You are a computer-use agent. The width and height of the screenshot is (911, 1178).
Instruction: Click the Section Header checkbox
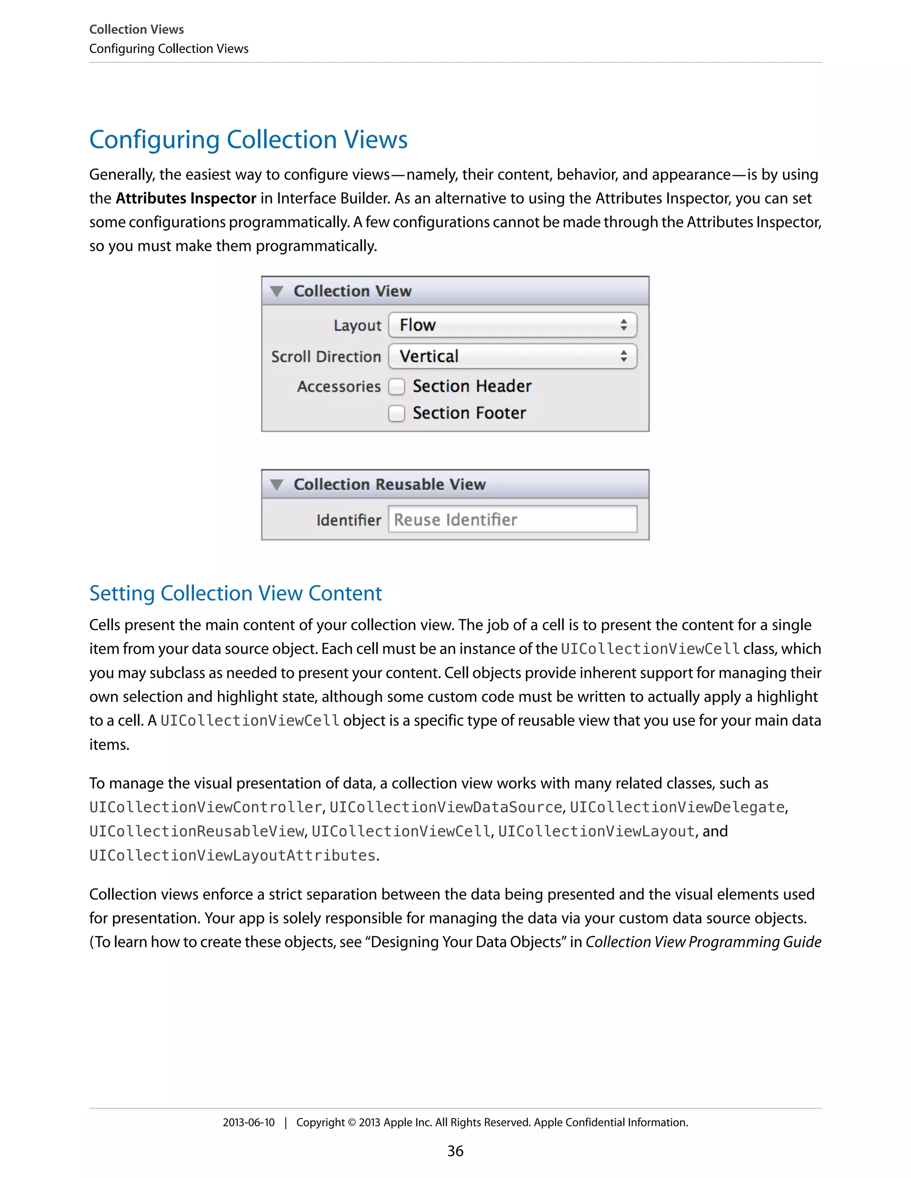click(397, 386)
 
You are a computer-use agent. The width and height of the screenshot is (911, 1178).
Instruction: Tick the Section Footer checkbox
click(397, 413)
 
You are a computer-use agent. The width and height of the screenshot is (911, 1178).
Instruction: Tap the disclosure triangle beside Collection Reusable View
click(277, 485)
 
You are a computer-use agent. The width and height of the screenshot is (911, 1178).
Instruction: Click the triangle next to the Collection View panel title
click(277, 291)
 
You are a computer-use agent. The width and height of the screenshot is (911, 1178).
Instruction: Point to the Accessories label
click(339, 387)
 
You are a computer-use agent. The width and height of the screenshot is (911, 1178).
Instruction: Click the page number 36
click(455, 1151)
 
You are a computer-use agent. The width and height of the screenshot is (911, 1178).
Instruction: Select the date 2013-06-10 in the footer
click(248, 1122)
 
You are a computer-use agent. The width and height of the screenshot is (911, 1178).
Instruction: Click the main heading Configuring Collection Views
click(248, 140)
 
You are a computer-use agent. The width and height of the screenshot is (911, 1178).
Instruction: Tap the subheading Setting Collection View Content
click(235, 593)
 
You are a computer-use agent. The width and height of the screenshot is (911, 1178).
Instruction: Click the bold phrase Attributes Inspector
click(185, 199)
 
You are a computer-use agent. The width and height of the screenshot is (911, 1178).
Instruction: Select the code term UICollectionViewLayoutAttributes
click(232, 855)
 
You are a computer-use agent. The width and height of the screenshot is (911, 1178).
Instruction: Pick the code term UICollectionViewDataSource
click(446, 807)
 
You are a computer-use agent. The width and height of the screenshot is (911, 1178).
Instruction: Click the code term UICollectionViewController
click(206, 807)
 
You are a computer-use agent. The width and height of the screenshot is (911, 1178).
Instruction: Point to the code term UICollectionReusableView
click(197, 832)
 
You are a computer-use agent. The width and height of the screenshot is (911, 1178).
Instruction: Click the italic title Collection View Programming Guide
click(703, 942)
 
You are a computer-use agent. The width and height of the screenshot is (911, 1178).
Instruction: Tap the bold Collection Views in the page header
click(137, 29)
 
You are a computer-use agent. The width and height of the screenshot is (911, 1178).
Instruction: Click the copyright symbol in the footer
click(351, 1122)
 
